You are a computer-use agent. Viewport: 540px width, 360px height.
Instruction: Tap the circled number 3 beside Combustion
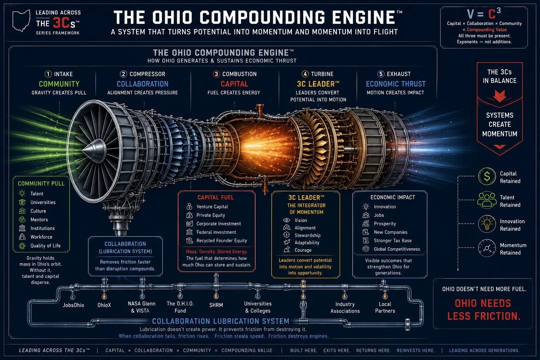216,74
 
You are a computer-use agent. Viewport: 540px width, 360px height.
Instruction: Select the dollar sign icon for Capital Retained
487,176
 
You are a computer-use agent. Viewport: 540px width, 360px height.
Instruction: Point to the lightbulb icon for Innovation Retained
487,224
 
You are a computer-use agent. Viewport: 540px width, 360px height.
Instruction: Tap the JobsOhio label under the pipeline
73,305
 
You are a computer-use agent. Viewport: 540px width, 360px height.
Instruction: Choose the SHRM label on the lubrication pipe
216,305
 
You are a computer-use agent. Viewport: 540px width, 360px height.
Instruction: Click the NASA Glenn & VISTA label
142,307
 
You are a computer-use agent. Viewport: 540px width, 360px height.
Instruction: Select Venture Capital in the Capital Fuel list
212,207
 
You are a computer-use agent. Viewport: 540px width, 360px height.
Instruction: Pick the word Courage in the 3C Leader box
303,250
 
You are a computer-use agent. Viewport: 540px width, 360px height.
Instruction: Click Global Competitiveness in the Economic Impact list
397,249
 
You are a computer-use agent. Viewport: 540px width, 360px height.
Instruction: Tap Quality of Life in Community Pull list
46,246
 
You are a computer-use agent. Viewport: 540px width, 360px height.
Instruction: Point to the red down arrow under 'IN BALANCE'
500,96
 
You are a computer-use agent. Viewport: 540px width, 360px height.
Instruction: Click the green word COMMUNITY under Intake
59,84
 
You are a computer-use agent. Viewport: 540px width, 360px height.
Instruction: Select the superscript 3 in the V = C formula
499,10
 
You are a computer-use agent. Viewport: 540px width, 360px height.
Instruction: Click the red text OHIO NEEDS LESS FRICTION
484,310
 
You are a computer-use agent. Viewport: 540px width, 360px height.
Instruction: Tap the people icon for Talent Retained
487,200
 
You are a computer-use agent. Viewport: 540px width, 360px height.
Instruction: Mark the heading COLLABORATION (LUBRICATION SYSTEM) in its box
126,247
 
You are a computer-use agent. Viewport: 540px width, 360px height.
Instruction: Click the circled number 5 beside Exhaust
381,74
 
